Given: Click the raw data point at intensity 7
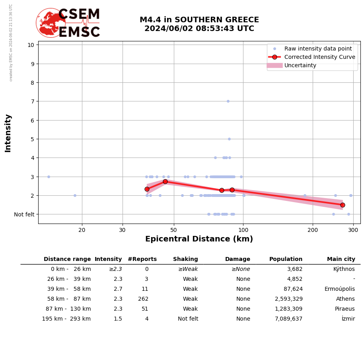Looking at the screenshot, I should point(228,101).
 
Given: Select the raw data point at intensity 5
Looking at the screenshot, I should point(229,139).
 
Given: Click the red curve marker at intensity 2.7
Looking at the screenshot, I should point(165,181).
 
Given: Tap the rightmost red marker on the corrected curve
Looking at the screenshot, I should point(343,205).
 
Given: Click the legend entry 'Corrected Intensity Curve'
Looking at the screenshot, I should point(319,57).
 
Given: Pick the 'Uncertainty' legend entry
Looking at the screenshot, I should point(300,65).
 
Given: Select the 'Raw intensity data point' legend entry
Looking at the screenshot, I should point(318,49).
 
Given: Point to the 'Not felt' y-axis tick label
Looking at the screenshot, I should point(24,214).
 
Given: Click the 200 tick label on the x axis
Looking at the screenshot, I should point(313,230).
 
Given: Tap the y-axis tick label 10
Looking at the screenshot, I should point(31,45).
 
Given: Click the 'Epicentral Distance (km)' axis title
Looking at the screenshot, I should point(199,239).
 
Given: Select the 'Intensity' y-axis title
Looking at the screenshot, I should point(8,133).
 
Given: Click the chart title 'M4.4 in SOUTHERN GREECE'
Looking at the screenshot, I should point(199,20).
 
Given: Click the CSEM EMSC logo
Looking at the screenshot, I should point(68,23).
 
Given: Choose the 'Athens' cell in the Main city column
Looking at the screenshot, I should point(345,299).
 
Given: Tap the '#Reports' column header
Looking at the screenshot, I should point(142,259).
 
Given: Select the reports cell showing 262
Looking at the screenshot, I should point(143,299).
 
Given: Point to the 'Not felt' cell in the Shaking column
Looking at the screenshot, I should point(188,319).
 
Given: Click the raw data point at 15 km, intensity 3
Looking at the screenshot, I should point(49,177).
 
